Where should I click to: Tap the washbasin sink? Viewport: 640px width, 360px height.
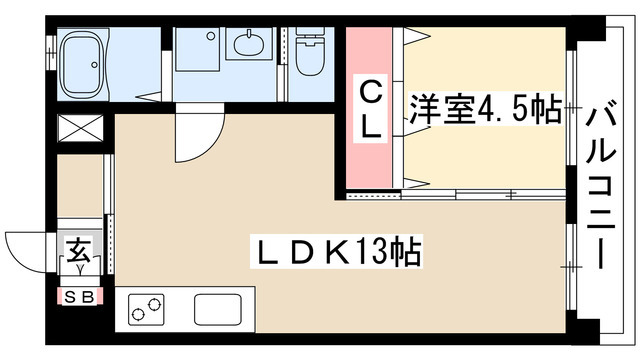click(248, 45)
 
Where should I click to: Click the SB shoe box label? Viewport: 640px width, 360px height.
click(77, 297)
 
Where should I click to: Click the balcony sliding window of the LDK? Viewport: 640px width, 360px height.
click(570, 265)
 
